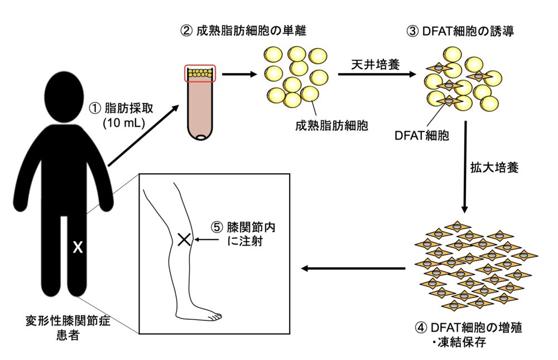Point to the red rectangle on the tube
coord(200,73)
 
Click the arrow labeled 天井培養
coord(377,74)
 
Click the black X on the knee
coord(184,240)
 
